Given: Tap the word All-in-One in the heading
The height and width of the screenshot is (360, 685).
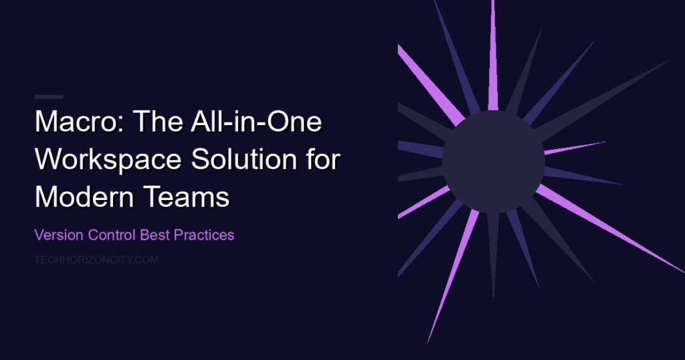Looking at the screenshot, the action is pyautogui.click(x=256, y=121).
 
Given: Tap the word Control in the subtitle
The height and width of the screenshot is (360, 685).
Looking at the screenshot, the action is pyautogui.click(x=112, y=235).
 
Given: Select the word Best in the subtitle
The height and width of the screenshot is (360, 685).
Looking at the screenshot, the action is pyautogui.click(x=155, y=235).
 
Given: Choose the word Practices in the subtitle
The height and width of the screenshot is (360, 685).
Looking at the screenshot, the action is pyautogui.click(x=204, y=235).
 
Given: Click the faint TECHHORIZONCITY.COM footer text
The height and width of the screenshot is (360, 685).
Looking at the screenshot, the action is pyautogui.click(x=96, y=260).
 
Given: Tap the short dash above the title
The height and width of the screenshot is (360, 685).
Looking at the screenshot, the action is pyautogui.click(x=49, y=96).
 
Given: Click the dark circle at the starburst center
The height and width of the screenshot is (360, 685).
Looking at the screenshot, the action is pyautogui.click(x=493, y=162).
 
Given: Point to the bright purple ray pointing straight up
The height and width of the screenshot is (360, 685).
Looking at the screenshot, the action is pyautogui.click(x=493, y=56).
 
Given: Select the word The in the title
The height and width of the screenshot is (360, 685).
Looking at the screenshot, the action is pyautogui.click(x=157, y=121).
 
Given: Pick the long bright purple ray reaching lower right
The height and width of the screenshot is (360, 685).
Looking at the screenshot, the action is pyautogui.click(x=610, y=229).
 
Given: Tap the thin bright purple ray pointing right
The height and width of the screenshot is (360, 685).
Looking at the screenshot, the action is pyautogui.click(x=575, y=148).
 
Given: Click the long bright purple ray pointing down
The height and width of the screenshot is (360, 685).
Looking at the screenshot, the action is pyautogui.click(x=453, y=276).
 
